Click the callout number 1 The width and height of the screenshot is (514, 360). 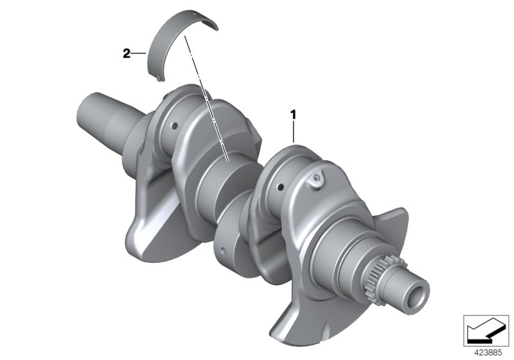click(x=294, y=116)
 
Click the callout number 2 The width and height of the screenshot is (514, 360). click(x=127, y=54)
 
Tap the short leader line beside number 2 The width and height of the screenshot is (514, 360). click(x=139, y=55)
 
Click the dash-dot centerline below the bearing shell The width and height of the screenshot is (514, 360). click(x=206, y=96)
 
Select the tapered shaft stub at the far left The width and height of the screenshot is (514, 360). click(x=103, y=116)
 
